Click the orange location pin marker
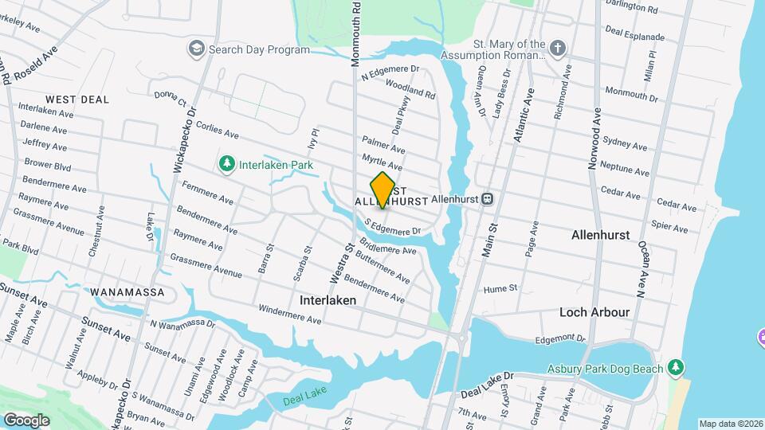[383, 190]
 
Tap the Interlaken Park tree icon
[227, 164]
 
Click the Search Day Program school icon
[195, 49]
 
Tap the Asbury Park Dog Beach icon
[676, 368]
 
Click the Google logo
[26, 420]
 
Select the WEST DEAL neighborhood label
[77, 100]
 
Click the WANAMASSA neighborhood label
[127, 292]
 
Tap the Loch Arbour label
[594, 311]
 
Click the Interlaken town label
[327, 301]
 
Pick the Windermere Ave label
[288, 315]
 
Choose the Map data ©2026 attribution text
[730, 424]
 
